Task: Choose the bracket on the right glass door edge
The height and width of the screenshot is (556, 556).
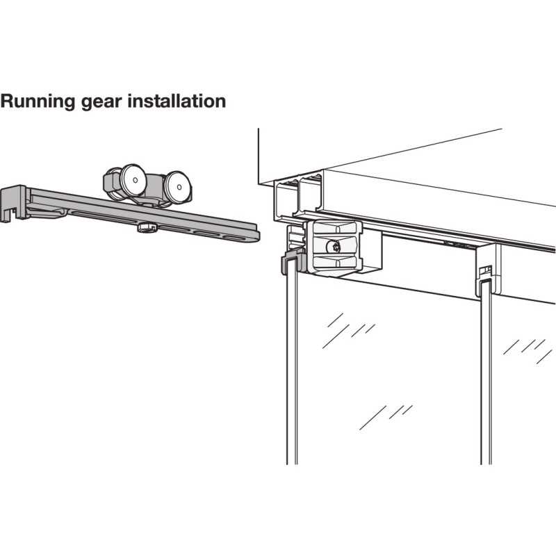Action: [487, 271]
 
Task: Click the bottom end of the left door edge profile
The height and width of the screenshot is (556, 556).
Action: [292, 459]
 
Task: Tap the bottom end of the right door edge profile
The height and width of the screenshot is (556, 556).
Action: [485, 459]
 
